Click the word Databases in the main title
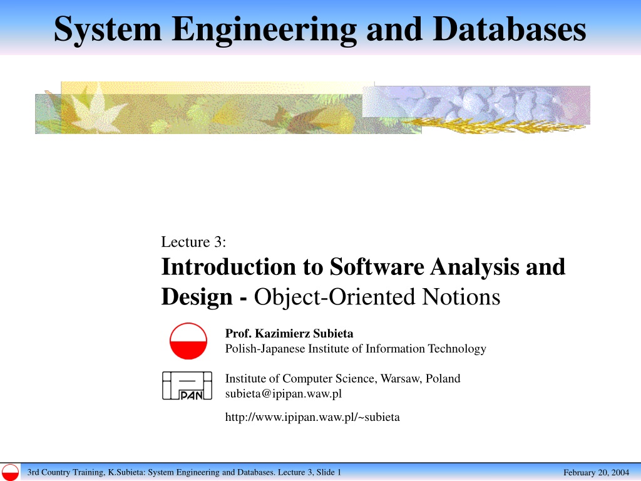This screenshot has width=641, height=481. point(509,29)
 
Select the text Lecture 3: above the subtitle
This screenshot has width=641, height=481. point(193,242)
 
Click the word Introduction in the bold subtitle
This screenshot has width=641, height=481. point(228,267)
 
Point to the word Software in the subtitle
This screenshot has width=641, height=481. point(377,267)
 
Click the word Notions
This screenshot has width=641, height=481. point(461,296)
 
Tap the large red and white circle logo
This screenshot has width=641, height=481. point(188,341)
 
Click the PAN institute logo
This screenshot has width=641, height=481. point(187,385)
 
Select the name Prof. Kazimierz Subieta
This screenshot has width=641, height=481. point(289,334)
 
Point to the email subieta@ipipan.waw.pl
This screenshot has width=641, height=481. point(284,394)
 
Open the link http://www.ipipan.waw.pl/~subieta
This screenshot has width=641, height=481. point(312,417)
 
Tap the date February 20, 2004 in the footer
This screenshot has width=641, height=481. point(596,472)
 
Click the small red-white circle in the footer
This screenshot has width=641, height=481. point(10,472)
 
